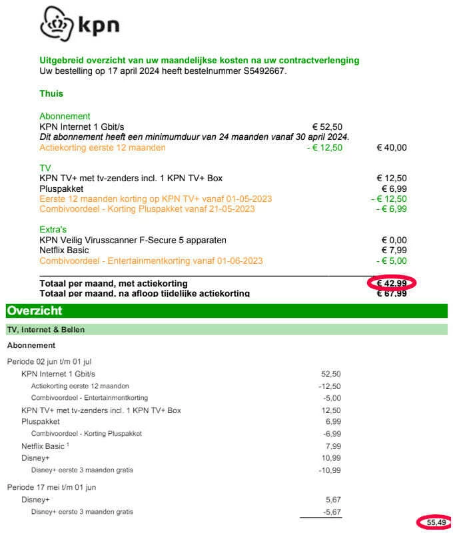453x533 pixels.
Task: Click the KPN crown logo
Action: pos(57,25)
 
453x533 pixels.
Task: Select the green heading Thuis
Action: pos(51,94)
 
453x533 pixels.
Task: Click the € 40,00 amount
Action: pos(392,147)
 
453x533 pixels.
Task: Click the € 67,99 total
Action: pos(392,294)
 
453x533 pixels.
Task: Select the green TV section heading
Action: pos(45,169)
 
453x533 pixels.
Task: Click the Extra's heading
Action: pos(53,230)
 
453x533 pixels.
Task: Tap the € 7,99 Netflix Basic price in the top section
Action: pos(394,251)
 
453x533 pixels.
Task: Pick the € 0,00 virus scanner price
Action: pos(394,240)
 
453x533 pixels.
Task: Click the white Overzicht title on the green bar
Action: pos(34,311)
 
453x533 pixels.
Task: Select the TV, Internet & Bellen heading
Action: pos(46,330)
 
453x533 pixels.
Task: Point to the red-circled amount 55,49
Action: pos(436,523)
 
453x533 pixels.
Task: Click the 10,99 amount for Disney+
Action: pos(331,458)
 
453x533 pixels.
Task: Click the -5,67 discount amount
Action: pos(330,511)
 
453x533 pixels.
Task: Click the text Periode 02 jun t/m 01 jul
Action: pos(49,362)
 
